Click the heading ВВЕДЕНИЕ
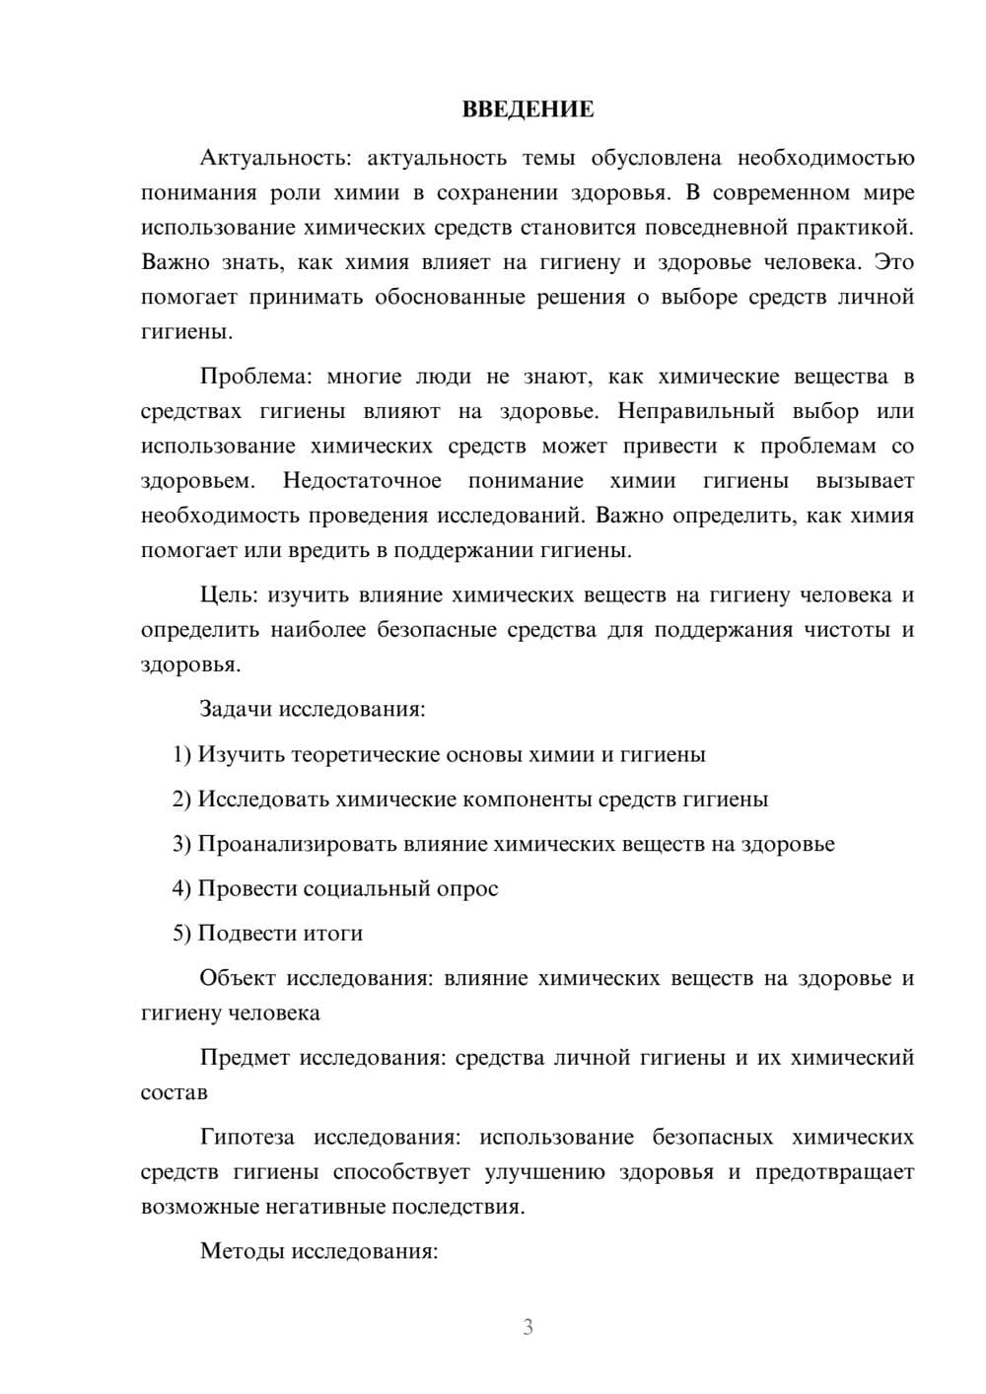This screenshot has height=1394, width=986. [528, 109]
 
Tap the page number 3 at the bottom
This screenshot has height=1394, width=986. [528, 1327]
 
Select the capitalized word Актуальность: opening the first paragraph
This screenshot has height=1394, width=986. [261, 158]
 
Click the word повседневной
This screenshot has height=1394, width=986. [706, 228]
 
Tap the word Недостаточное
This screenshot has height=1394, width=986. [362, 481]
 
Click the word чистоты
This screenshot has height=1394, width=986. [845, 629]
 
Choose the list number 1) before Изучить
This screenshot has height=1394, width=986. [182, 755]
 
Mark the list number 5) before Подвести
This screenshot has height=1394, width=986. [182, 934]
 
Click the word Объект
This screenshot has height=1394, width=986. [237, 978]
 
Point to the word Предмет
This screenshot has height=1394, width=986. [245, 1058]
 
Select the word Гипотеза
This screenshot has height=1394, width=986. [246, 1138]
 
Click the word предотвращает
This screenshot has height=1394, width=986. [834, 1172]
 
